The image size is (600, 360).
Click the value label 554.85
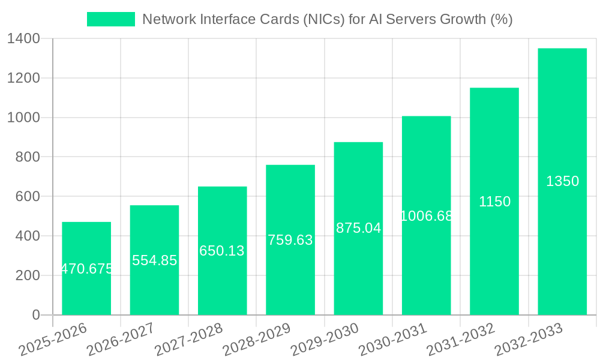[x=154, y=260]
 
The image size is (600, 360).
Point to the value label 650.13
[x=222, y=251]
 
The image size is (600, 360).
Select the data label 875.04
[x=358, y=228]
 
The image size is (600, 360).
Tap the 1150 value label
[x=494, y=202]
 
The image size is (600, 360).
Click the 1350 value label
[x=562, y=181]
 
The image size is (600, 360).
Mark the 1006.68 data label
[x=426, y=216]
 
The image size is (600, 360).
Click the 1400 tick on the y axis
[x=23, y=39]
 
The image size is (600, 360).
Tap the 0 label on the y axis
[x=35, y=315]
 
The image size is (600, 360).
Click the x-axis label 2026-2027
[x=121, y=339]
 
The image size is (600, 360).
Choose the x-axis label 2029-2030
[x=325, y=339]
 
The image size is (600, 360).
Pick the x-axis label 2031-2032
[x=461, y=339]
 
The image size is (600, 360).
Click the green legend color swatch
[x=111, y=19]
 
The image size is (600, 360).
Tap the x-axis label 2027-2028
[x=188, y=339]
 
